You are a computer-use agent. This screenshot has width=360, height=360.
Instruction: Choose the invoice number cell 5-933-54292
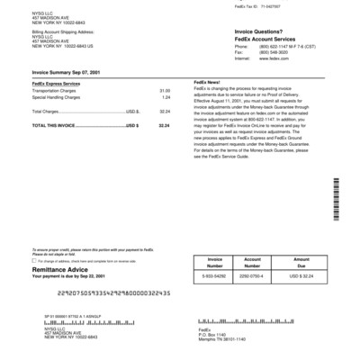click(x=214, y=274)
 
